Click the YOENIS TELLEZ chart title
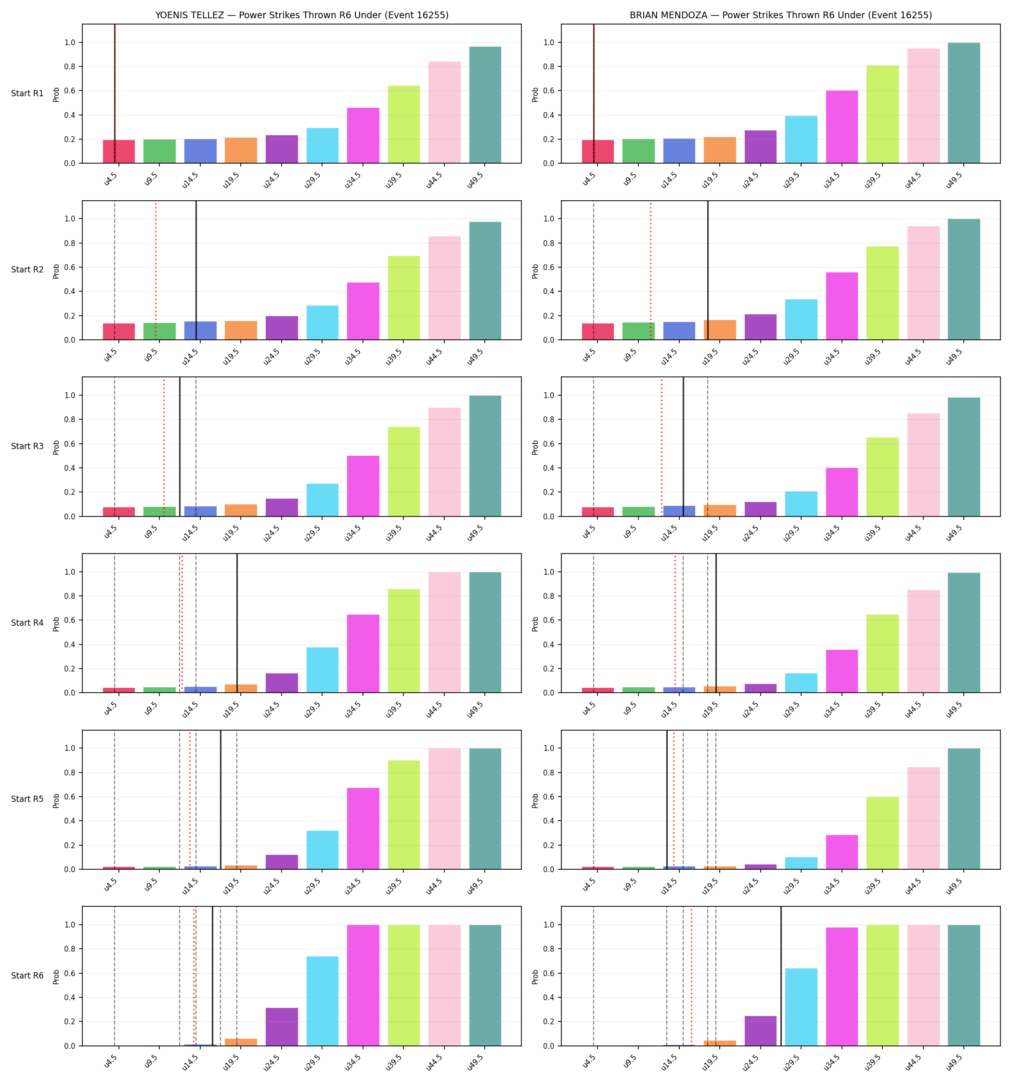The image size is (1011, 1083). pyautogui.click(x=302, y=15)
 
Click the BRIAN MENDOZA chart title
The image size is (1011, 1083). pyautogui.click(x=780, y=15)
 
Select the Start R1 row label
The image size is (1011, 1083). pyautogui.click(x=27, y=93)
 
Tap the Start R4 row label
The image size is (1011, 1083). pyautogui.click(x=27, y=623)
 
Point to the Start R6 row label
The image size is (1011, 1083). pyautogui.click(x=27, y=975)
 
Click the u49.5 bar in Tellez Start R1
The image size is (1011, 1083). pyautogui.click(x=485, y=104)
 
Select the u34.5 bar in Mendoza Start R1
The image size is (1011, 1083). pyautogui.click(x=842, y=127)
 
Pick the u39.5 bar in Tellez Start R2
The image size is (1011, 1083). pyautogui.click(x=404, y=298)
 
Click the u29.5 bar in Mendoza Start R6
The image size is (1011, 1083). pyautogui.click(x=801, y=1007)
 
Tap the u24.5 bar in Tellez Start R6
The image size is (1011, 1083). pyautogui.click(x=282, y=1026)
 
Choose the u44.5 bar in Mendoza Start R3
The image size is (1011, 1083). pyautogui.click(x=923, y=464)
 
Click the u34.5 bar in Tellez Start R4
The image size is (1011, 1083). pyautogui.click(x=363, y=653)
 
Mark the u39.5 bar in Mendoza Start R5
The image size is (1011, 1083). pyautogui.click(x=882, y=833)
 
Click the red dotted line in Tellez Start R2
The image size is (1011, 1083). pyautogui.click(x=156, y=270)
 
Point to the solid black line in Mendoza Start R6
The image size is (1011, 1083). pyautogui.click(x=781, y=976)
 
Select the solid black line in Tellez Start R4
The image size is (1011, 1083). pyautogui.click(x=237, y=623)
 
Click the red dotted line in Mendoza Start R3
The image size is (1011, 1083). pyautogui.click(x=661, y=447)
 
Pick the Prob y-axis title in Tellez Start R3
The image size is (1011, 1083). pyautogui.click(x=56, y=447)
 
